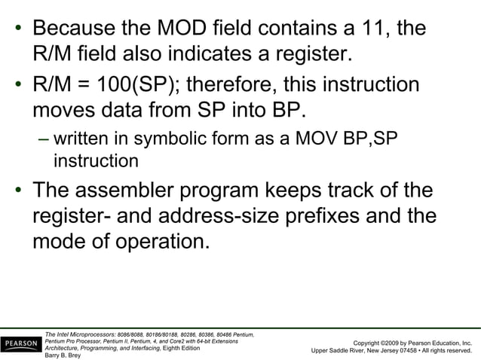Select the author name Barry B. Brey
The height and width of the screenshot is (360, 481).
[62, 355]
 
